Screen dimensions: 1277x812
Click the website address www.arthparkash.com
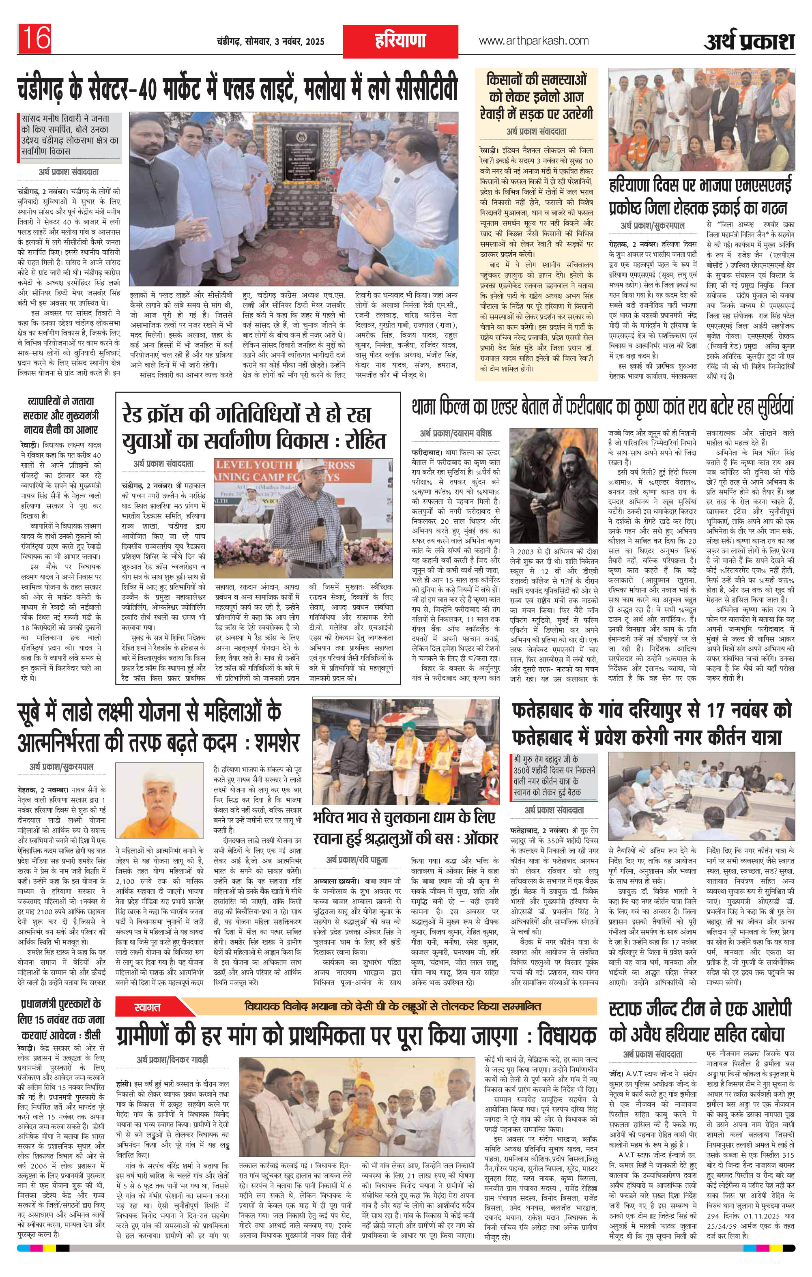pos(533,40)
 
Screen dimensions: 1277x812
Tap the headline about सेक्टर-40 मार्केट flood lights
pos(238,90)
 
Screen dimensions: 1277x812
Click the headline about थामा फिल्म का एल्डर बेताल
pos(602,407)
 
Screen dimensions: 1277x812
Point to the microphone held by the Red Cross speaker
pos(320,522)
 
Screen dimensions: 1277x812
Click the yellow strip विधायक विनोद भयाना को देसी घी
pos(393,1006)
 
